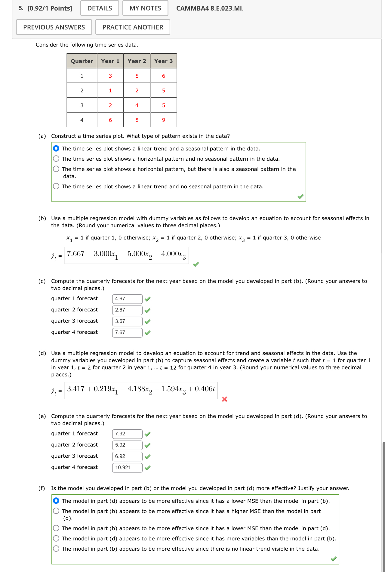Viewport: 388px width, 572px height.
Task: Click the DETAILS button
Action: (100, 8)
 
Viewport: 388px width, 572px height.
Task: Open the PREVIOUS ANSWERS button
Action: (54, 27)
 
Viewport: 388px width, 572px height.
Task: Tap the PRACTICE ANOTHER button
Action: (133, 27)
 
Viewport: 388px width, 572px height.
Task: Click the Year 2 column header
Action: (137, 61)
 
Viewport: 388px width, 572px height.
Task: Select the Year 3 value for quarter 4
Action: (163, 120)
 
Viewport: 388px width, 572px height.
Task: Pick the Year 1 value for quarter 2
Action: (110, 91)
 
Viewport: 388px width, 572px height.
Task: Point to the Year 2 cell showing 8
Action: (137, 120)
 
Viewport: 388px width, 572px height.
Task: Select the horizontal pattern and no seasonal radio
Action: (56, 159)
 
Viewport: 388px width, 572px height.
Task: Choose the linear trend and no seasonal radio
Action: (56, 186)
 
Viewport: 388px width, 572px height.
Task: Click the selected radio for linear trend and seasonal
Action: (56, 148)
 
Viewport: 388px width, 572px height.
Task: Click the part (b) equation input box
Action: (126, 255)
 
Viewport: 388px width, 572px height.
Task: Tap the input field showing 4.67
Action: (127, 299)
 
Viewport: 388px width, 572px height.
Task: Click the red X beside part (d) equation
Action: (224, 399)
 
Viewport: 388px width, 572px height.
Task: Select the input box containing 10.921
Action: (127, 468)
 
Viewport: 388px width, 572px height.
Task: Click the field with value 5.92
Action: (127, 445)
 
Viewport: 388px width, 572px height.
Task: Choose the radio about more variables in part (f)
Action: (56, 538)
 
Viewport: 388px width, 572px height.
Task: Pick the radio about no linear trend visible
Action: (56, 549)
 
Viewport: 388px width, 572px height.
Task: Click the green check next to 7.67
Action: (147, 333)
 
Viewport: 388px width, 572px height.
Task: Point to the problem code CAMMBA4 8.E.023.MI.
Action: (210, 8)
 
